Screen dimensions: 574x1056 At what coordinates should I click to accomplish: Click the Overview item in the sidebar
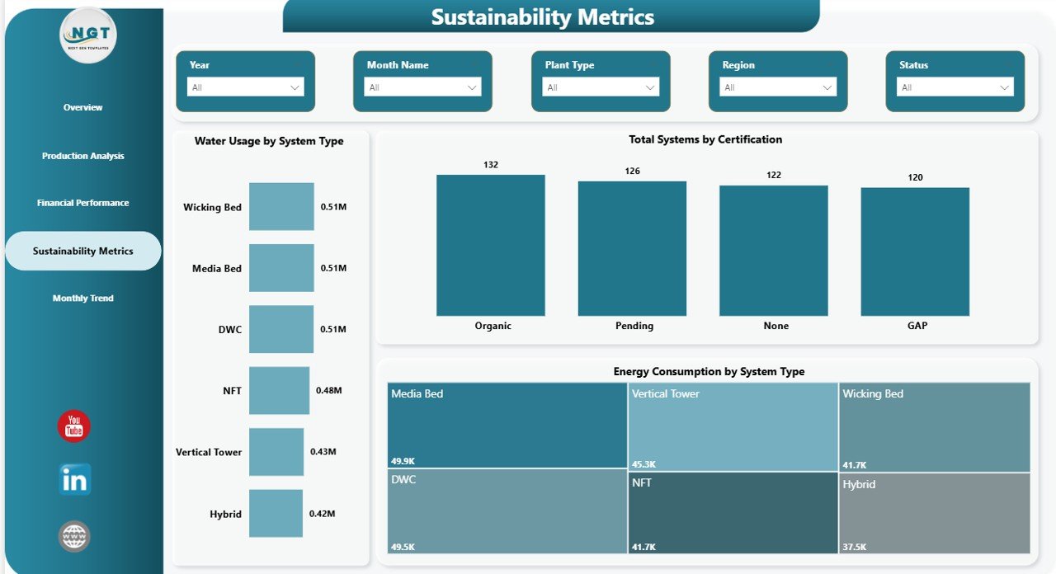point(82,107)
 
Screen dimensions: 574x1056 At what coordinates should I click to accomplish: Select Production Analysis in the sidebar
point(82,156)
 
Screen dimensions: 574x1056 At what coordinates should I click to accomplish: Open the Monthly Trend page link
point(82,299)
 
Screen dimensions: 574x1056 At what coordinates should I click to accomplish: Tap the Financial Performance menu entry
point(82,203)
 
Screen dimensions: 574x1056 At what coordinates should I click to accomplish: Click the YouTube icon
point(74,426)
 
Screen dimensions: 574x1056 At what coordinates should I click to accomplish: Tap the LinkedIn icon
point(75,480)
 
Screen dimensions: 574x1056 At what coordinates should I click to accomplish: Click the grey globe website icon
point(74,536)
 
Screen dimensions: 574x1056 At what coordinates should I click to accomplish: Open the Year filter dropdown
point(245,87)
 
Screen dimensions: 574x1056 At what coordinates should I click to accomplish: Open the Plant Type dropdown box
point(601,87)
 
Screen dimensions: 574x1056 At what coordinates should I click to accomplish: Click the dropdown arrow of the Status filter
point(1004,87)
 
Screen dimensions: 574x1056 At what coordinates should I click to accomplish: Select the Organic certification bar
point(491,245)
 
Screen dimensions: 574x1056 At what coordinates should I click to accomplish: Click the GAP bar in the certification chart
point(915,252)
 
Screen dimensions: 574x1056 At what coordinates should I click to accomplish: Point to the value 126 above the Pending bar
point(632,172)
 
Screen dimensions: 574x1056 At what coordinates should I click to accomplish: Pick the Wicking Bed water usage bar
point(281,206)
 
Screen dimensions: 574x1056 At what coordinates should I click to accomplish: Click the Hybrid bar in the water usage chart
point(276,513)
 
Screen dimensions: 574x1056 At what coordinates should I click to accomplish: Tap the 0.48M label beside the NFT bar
point(328,391)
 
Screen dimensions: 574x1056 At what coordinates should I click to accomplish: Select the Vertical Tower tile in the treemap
point(733,425)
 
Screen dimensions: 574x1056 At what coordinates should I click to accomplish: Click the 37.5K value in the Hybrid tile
point(855,546)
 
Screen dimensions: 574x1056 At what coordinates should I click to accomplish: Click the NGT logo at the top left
point(88,35)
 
